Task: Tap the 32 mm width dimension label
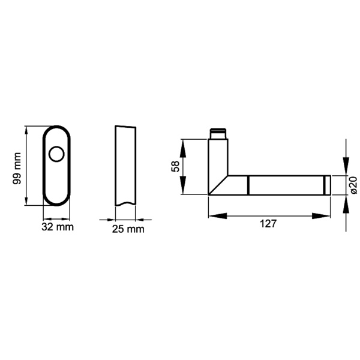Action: pyautogui.click(x=57, y=227)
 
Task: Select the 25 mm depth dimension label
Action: pyautogui.click(x=128, y=229)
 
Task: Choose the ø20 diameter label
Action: pyautogui.click(x=353, y=185)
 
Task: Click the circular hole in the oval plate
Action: pyautogui.click(x=57, y=155)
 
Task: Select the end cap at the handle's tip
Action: pyautogui.click(x=327, y=185)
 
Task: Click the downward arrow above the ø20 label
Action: pyautogui.click(x=346, y=168)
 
